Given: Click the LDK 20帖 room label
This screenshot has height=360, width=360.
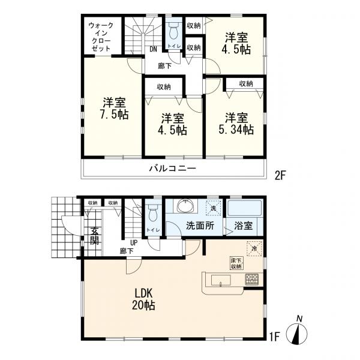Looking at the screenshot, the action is [143, 299].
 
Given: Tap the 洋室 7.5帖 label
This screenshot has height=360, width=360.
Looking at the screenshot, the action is [114, 109].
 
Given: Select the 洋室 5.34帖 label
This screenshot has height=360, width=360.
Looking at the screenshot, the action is [236, 124].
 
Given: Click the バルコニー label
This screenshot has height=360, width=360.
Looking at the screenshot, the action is [173, 169].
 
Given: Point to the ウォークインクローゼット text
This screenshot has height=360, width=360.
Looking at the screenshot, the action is [101, 37].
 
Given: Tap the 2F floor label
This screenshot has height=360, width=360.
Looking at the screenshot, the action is [280, 176].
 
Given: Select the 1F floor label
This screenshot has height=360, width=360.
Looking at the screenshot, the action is [274, 337].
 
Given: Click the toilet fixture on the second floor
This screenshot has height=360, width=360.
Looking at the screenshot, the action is [174, 31].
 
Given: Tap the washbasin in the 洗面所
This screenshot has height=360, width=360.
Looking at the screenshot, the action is [186, 205].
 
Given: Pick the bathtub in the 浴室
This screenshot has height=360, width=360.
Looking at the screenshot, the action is [244, 208].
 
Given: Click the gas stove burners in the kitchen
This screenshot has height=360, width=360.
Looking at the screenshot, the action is [252, 280].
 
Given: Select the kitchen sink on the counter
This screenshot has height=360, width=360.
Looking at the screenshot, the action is [221, 280].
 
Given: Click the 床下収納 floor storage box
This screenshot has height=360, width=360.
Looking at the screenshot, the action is [236, 263].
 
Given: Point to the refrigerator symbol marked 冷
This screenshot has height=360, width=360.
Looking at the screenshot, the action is [254, 248].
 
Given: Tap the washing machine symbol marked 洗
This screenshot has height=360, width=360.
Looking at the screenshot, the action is [213, 208].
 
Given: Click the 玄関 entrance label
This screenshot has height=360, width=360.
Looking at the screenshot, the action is [94, 236].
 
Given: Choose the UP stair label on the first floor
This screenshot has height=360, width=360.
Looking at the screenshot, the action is [134, 242].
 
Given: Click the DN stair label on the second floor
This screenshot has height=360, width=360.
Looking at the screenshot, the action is [153, 49].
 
